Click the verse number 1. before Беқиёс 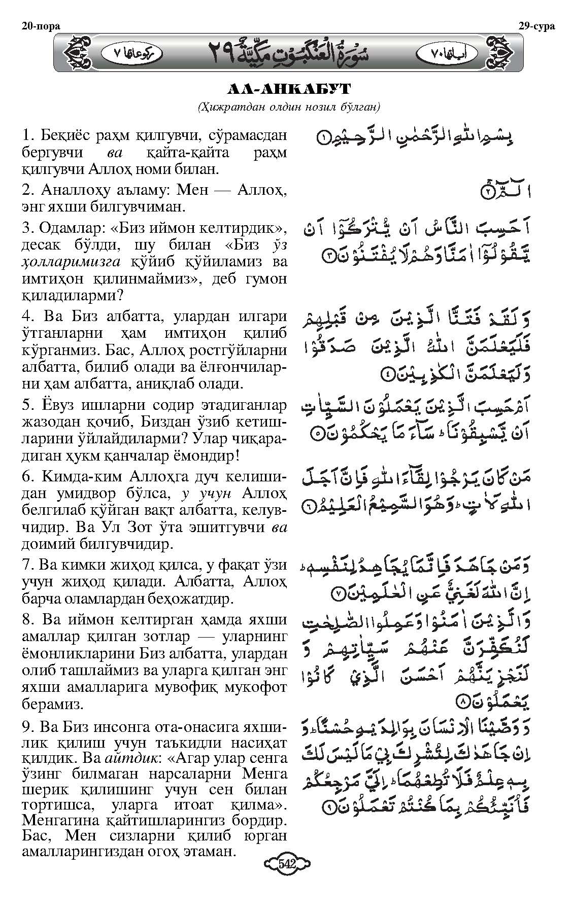[27, 136]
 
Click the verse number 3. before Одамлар [27, 228]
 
